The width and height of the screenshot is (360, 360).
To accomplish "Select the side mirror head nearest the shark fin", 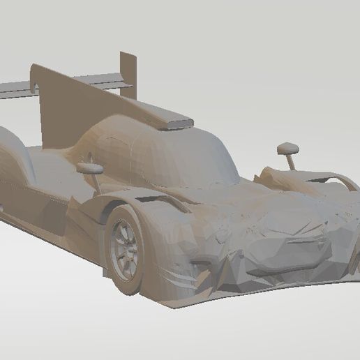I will (90, 167).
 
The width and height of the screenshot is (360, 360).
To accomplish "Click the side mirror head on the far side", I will (287, 148).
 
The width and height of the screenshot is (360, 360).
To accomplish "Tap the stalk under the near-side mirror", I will (95, 180).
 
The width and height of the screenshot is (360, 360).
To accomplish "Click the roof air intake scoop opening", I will (177, 125).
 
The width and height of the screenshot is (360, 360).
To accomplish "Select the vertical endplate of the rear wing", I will (128, 69).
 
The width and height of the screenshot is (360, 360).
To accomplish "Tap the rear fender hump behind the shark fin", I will (14, 147).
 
